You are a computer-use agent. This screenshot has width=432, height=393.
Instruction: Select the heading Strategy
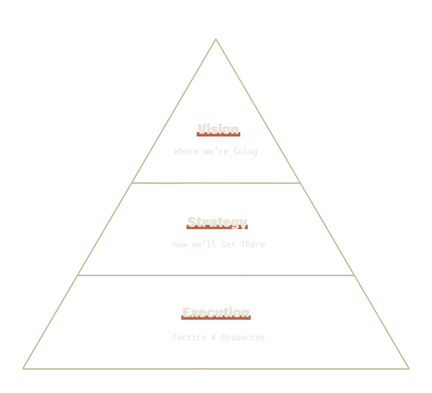[217, 222]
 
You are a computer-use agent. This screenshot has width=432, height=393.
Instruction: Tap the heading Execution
[216, 312]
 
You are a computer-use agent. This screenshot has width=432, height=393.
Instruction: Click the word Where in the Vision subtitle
[186, 151]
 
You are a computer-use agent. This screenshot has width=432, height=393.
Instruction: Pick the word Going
[245, 152]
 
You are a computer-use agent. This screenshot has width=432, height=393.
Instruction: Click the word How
[179, 244]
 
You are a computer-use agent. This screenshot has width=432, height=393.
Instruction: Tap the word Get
[228, 244]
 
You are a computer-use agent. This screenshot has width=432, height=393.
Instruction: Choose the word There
[253, 244]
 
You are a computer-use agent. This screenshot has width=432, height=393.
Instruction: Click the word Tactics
[189, 337]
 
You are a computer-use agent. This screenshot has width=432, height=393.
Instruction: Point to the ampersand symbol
[213, 337]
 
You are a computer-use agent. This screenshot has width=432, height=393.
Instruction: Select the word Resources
[243, 337]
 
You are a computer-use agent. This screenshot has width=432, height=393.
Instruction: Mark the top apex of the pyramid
[216, 39]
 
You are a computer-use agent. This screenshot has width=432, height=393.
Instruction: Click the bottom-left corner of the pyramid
[24, 368]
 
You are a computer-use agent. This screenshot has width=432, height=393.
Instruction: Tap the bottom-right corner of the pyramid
[409, 368]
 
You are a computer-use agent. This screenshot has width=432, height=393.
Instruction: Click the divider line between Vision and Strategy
[216, 183]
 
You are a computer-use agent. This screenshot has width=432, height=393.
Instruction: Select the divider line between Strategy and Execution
[216, 275]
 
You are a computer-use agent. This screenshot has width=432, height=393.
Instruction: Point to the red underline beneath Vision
[218, 135]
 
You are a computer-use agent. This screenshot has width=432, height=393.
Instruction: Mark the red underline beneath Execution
[216, 318]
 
